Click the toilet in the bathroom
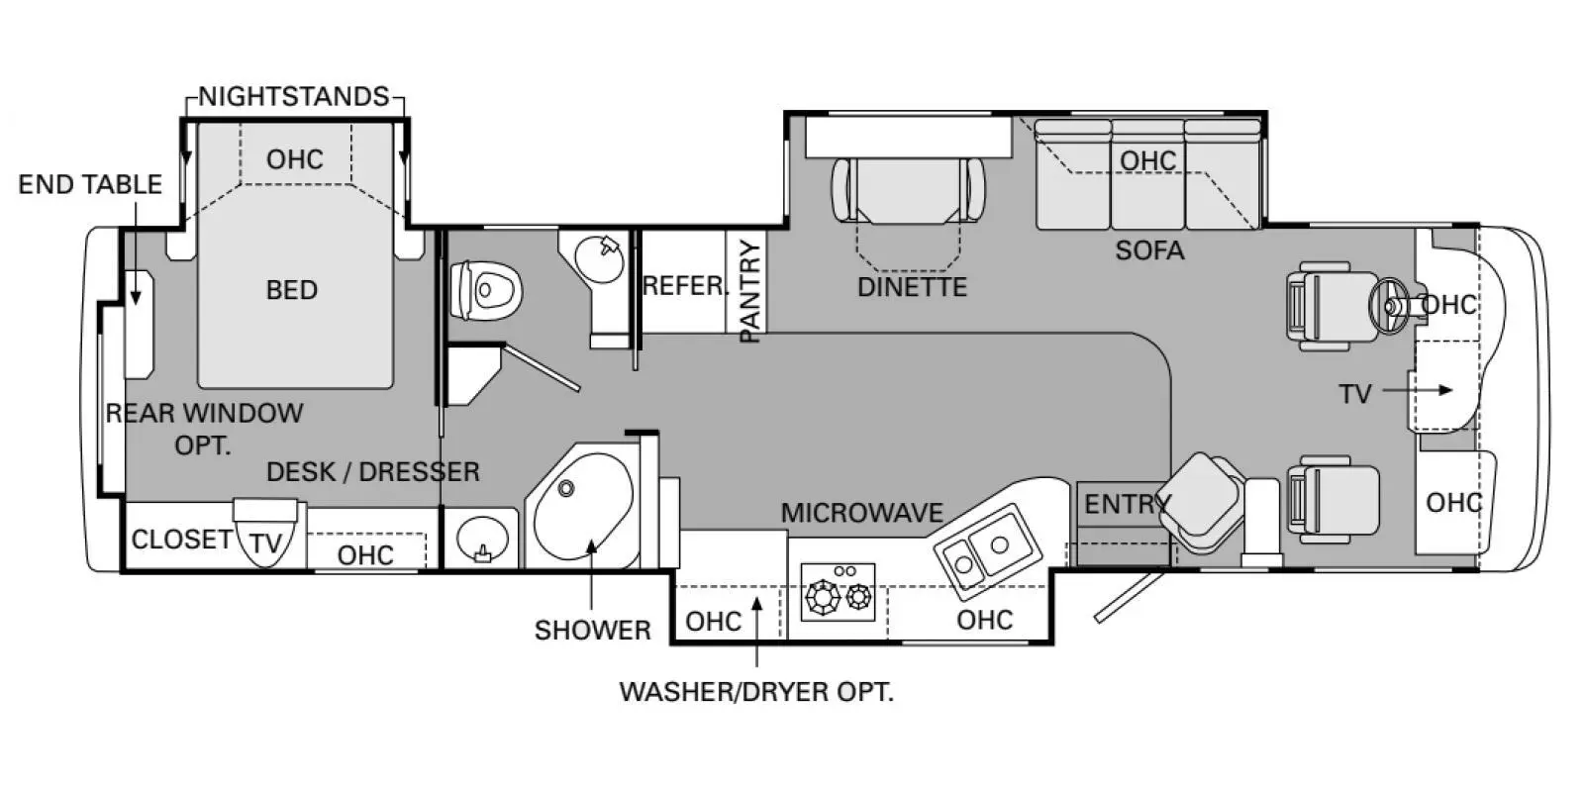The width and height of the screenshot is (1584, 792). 486,290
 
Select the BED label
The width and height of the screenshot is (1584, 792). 291,290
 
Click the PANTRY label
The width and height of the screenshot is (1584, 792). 748,291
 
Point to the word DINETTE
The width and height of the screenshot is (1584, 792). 912,287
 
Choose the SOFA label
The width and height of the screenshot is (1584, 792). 1149,250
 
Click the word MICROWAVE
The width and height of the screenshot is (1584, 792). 862,513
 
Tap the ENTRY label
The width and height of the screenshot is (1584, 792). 1128,504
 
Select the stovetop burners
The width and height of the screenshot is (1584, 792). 838,593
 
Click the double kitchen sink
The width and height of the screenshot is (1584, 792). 988,551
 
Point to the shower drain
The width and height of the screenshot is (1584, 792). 565,488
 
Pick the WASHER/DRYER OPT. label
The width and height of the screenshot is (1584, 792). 756,692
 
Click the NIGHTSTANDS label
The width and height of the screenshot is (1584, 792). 293,96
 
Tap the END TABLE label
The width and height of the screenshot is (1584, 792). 90,184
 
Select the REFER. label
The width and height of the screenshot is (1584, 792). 685,286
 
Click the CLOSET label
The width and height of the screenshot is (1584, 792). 182,540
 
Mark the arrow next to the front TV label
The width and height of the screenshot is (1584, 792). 1417,390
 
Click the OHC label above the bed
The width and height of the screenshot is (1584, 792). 295,159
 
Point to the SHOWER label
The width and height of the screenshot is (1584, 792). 593,630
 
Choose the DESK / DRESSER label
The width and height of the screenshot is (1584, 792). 372,471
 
